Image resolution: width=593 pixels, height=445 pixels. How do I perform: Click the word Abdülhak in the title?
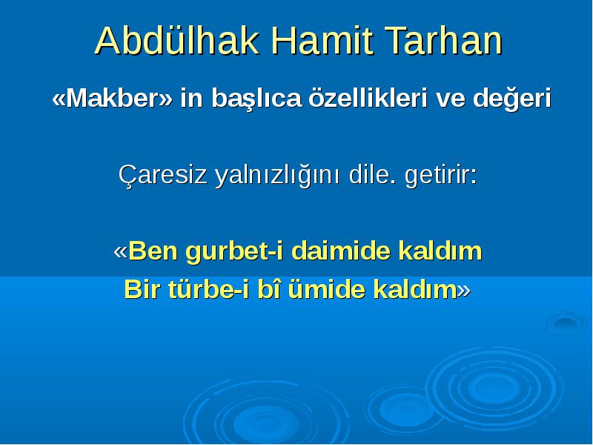pyautogui.click(x=177, y=41)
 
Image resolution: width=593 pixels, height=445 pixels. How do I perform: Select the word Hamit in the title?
pyautogui.click(x=322, y=41)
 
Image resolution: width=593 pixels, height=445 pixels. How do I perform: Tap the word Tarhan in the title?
pyautogui.click(x=443, y=41)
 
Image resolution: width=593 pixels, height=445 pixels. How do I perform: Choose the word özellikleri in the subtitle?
pyautogui.click(x=368, y=98)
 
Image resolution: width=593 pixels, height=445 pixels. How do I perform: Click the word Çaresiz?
pyautogui.click(x=163, y=175)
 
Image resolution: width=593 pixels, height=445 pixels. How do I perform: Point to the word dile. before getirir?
pyautogui.click(x=373, y=175)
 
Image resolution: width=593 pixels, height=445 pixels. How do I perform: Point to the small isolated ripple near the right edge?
pyautogui.click(x=565, y=323)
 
